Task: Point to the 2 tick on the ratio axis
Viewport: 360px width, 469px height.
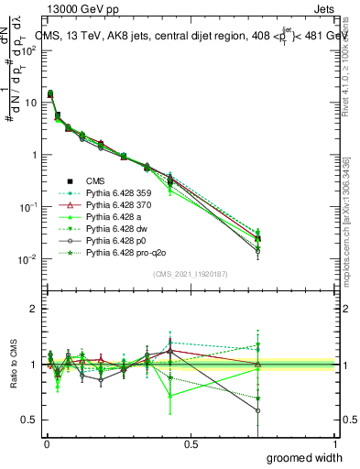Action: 33,310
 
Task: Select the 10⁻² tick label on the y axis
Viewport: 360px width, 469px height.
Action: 27,259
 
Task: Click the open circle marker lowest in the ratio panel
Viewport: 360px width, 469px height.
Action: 258,411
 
